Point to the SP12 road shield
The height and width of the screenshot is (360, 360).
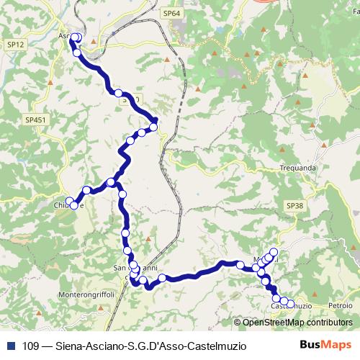[15, 45]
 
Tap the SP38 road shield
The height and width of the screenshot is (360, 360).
[294, 206]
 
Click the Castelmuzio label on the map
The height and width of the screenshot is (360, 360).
[291, 307]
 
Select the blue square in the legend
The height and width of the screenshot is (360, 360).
[10, 345]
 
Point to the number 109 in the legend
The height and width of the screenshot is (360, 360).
[30, 345]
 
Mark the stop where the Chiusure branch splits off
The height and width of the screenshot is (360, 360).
[110, 182]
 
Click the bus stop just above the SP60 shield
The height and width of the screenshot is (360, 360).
[119, 93]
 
